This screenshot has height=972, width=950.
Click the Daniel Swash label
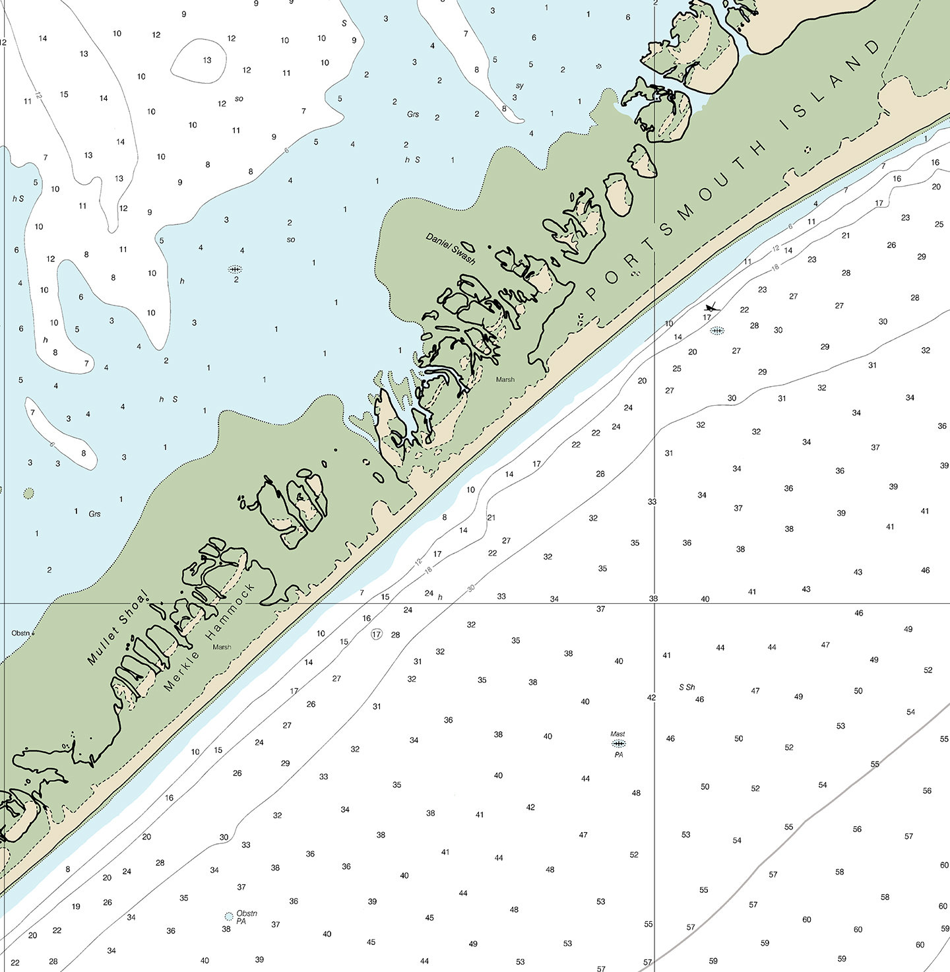click(x=451, y=249)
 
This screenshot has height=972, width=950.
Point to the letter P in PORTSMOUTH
click(x=591, y=294)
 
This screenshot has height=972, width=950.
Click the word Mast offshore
click(x=617, y=734)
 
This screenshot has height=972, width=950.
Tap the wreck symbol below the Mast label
click(x=618, y=744)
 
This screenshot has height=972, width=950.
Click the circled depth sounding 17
click(x=376, y=634)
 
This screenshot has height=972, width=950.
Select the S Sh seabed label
click(x=687, y=687)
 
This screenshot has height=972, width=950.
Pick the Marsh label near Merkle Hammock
click(x=222, y=647)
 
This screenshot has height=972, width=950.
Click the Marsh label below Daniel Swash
click(x=505, y=379)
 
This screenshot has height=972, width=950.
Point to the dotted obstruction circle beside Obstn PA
click(x=228, y=916)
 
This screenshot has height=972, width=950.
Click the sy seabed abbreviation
click(x=520, y=86)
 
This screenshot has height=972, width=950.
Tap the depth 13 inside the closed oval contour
click(x=207, y=60)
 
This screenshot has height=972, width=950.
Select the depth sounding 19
click(x=76, y=906)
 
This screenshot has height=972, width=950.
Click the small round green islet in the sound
click(x=28, y=493)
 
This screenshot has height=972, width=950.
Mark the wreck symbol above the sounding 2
click(x=235, y=269)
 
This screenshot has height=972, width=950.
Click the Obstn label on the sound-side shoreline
click(x=20, y=633)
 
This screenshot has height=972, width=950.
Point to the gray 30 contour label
click(x=471, y=587)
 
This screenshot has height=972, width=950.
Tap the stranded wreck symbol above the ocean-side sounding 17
click(x=710, y=307)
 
